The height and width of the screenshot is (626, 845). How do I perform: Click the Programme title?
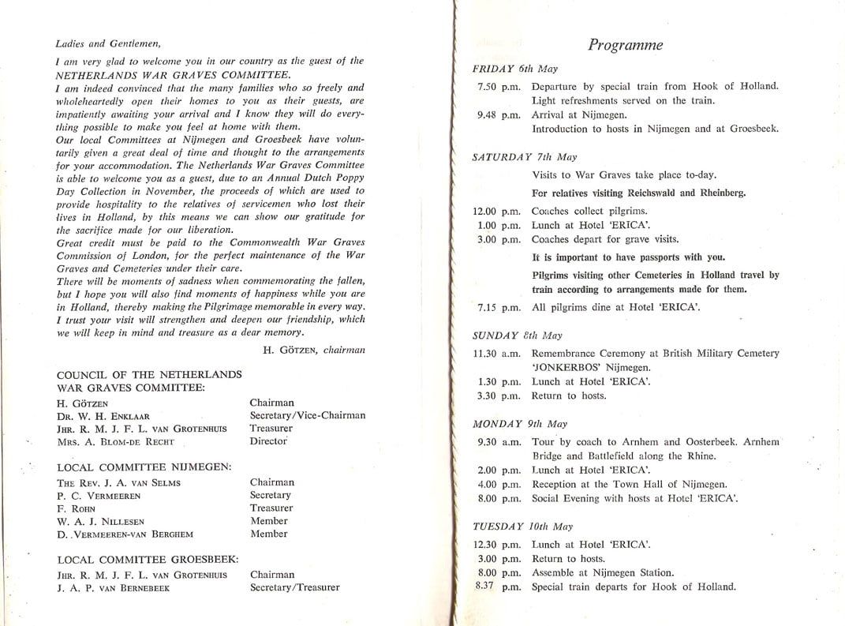625,45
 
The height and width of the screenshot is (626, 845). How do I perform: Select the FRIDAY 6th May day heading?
514,69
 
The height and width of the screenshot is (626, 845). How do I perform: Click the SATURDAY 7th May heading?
524,157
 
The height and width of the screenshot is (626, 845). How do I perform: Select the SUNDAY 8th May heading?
517,335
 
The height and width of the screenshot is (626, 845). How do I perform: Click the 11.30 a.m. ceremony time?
497,353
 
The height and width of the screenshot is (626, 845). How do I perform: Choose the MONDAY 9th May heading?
519,424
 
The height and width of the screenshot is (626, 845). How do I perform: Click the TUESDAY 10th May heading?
522,527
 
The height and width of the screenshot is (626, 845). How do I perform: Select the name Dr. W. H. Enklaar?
103,416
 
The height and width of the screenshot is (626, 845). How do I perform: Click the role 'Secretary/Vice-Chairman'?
307,415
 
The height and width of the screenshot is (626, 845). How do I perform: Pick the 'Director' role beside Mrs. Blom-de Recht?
268,441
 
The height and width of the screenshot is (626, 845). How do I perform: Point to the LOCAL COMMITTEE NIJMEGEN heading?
144,467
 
